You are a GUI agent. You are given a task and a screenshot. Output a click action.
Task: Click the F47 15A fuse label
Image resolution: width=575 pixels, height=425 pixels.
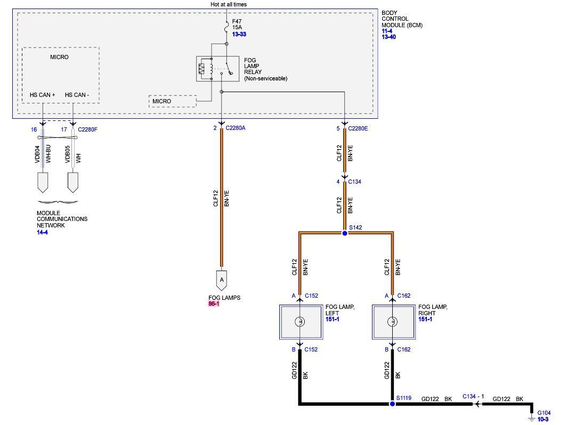(x=237, y=24)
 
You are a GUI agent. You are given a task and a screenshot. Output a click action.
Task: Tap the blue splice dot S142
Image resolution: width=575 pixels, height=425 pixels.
(x=345, y=233)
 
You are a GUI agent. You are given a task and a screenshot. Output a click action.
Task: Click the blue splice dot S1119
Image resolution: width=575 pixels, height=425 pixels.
(x=392, y=404)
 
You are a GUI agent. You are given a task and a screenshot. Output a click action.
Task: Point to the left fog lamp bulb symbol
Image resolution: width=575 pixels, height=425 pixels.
(x=300, y=322)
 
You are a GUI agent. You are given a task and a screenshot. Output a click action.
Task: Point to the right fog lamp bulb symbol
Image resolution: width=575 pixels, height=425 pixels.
(x=393, y=322)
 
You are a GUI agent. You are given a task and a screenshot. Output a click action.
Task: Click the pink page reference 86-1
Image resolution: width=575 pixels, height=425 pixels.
(x=214, y=304)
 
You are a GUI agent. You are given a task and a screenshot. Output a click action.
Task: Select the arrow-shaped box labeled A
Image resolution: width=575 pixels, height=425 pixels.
(x=221, y=280)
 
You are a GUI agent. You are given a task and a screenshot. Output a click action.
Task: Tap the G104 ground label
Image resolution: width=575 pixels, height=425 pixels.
(x=544, y=413)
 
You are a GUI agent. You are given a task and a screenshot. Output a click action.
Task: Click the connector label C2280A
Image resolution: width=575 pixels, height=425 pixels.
(x=236, y=128)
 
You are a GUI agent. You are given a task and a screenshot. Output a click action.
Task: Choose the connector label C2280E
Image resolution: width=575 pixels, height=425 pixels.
(x=358, y=128)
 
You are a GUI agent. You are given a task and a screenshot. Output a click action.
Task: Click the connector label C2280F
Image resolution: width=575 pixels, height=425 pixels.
(x=87, y=129)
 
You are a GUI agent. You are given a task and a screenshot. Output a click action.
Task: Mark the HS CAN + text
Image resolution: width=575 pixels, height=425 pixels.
(x=42, y=95)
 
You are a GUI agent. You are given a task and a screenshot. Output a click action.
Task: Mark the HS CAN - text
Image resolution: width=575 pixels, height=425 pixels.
(x=77, y=95)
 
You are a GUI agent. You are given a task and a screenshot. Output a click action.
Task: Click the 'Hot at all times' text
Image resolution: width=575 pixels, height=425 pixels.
(x=229, y=4)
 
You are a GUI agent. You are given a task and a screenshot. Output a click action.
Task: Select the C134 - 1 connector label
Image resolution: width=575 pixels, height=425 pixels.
(x=473, y=396)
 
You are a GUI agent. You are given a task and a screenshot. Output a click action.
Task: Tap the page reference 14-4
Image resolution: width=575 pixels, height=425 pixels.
(x=42, y=232)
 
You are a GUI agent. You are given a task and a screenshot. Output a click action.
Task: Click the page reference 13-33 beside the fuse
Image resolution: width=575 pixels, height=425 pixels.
(x=239, y=34)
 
